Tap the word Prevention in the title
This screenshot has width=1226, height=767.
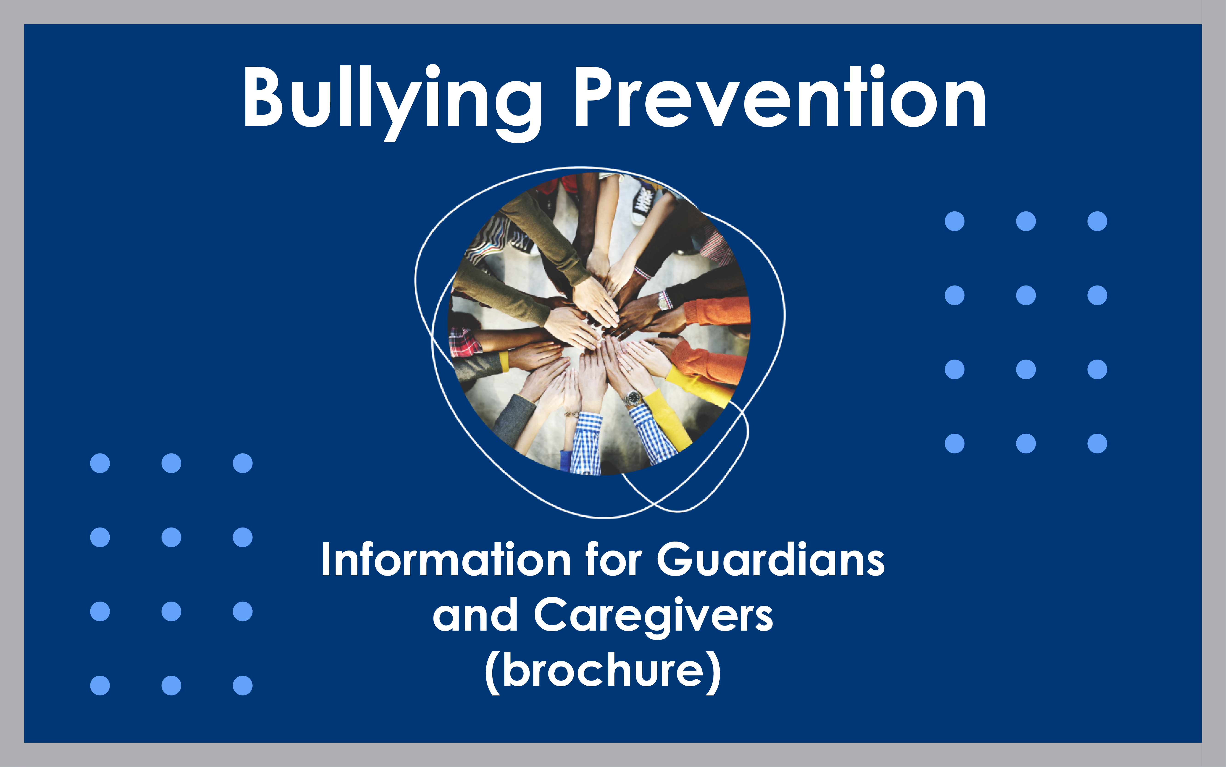779,99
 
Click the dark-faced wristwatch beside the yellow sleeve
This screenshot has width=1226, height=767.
633,397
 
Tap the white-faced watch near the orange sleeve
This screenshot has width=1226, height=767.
663,301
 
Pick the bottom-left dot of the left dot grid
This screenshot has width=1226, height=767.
100,685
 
